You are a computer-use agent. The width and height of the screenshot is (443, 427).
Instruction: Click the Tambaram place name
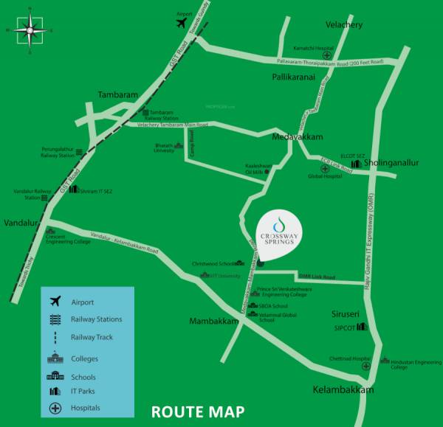click(x=119, y=94)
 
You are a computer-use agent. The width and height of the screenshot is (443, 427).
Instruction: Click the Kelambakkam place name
click(x=343, y=389)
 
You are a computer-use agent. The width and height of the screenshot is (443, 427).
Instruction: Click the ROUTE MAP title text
click(x=197, y=412)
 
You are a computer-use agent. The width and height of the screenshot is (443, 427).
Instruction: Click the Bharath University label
click(x=165, y=148)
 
